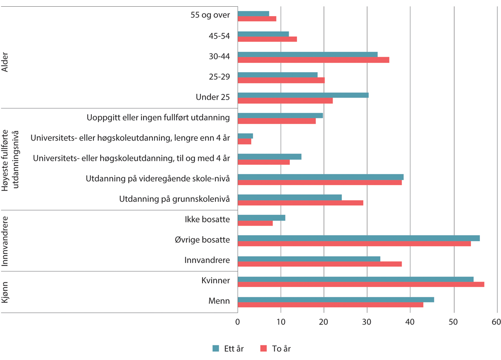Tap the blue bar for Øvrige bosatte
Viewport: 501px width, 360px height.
(359, 238)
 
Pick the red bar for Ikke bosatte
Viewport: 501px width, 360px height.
(255, 223)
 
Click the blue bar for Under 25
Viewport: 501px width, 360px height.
(303, 95)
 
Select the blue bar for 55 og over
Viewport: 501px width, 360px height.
(253, 14)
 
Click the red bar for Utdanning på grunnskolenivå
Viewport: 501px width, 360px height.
(300, 203)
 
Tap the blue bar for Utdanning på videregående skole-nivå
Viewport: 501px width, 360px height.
(321, 177)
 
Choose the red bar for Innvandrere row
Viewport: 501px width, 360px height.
(319, 264)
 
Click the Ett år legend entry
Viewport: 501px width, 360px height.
(228, 349)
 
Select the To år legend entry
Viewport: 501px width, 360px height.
(276, 349)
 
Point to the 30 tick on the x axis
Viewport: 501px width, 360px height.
(367, 322)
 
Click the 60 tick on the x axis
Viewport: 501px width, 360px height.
(496, 322)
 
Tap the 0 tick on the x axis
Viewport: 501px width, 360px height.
(238, 322)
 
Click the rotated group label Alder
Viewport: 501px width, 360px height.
(5, 63)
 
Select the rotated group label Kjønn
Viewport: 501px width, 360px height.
(5, 292)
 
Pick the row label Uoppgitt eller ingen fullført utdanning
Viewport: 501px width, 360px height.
(158, 118)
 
